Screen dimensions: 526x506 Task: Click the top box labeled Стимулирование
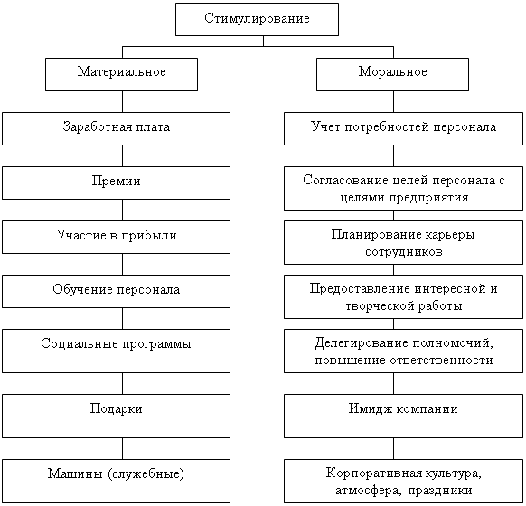tap(257, 20)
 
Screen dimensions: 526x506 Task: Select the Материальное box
tap(121, 74)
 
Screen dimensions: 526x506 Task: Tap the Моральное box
tap(392, 74)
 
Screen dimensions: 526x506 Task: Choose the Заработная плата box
tap(116, 129)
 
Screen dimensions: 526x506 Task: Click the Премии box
tap(116, 183)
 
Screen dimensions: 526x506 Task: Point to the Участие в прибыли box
tap(116, 237)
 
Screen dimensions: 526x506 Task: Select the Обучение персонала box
tap(116, 291)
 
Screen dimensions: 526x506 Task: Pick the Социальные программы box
tap(116, 351)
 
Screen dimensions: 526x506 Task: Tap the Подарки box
tap(116, 416)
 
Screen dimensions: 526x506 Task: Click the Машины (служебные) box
tap(116, 481)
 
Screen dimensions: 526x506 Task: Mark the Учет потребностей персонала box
tap(404, 129)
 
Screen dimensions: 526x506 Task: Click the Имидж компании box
tap(404, 416)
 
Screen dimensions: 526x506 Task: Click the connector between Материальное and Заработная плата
tap(122, 101)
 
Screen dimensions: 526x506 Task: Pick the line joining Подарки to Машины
tap(122, 448)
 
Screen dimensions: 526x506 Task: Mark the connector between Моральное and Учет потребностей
tap(393, 101)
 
